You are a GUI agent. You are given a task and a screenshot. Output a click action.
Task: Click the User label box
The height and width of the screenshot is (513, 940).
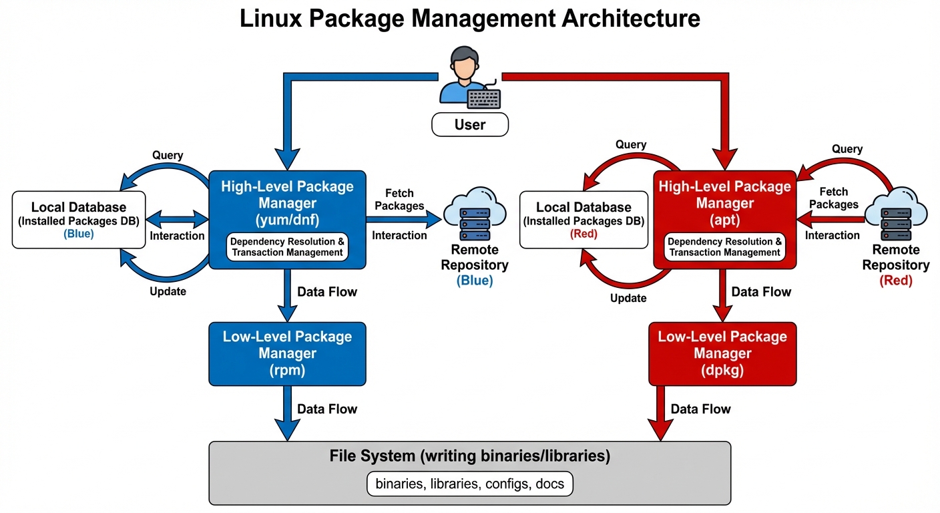(x=470, y=124)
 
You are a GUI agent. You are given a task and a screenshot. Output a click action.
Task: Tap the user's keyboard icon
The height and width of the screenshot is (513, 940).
(x=484, y=99)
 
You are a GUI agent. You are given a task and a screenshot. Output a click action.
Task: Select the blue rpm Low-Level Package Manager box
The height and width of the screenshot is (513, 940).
(x=287, y=353)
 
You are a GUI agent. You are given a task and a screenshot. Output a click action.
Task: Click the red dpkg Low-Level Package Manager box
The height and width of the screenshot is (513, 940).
(x=722, y=353)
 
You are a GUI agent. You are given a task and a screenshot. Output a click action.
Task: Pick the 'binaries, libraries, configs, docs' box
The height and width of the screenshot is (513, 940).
(x=469, y=484)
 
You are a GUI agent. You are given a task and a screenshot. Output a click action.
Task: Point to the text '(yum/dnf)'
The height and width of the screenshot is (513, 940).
(x=287, y=219)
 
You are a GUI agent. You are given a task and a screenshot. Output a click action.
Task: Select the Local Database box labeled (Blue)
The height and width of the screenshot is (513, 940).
(x=79, y=220)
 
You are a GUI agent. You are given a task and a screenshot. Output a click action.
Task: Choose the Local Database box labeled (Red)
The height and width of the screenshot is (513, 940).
(x=583, y=220)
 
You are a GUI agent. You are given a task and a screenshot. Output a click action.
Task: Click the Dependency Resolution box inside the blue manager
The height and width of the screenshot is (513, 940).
(x=287, y=246)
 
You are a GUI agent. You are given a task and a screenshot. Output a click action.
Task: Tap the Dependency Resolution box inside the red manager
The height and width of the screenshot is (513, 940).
(x=725, y=246)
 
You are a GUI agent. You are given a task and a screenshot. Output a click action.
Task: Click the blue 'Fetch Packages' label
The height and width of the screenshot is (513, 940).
(x=399, y=199)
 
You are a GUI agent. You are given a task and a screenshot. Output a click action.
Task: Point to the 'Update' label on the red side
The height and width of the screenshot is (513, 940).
(x=628, y=298)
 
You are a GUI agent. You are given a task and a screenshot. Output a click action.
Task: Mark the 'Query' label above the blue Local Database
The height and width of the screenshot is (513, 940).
(x=168, y=155)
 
